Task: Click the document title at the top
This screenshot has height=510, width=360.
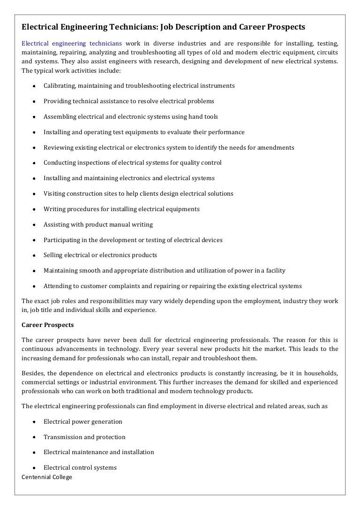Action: coord(163,27)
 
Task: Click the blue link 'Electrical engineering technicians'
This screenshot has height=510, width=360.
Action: coord(72,43)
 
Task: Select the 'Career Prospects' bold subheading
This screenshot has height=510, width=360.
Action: coord(47,325)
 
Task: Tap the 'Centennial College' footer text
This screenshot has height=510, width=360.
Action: coord(47,477)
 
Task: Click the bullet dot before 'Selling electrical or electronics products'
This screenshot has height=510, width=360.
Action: coord(34,256)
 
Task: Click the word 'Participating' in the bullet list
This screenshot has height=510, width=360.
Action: coord(62,240)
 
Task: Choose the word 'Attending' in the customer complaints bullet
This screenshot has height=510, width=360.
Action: coord(58,286)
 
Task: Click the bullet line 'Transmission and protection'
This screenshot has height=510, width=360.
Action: coord(84,437)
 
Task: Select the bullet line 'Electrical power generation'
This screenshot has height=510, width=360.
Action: coord(82,422)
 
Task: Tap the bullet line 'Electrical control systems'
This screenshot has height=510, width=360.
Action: coord(80,468)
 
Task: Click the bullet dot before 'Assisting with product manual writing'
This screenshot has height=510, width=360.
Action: coord(34,225)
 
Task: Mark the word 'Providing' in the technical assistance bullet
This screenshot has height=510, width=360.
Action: coord(57,101)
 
